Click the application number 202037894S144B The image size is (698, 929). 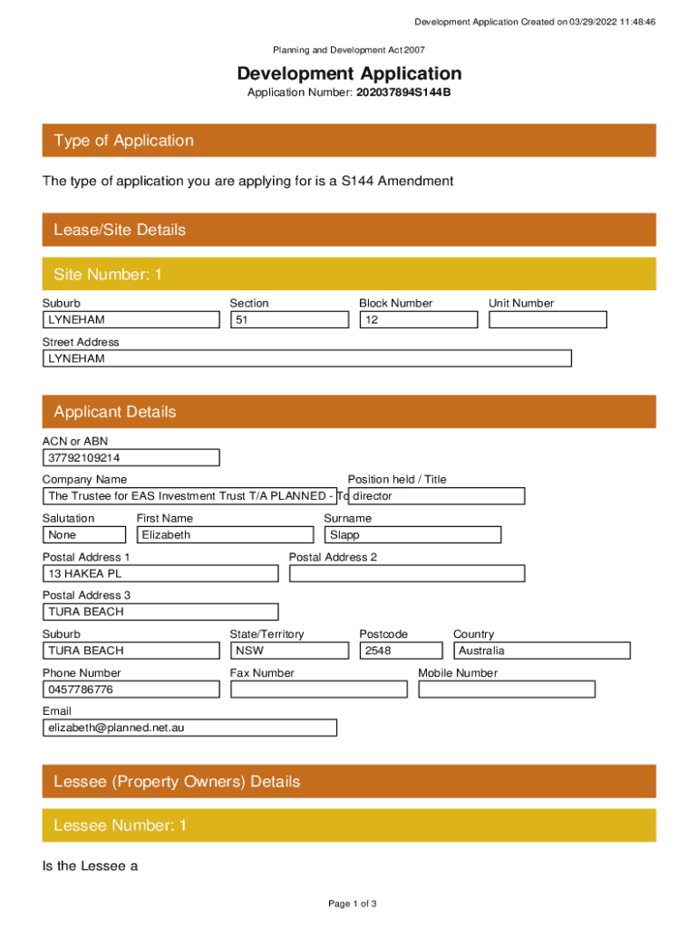point(402,93)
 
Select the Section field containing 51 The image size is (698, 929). point(289,320)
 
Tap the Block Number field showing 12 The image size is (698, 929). point(418,320)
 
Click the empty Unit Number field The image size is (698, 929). point(548,320)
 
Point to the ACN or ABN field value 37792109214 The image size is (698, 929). point(131,458)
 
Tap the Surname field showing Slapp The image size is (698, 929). point(412,535)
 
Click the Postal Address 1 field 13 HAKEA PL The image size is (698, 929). point(160,573)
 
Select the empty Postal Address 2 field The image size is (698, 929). point(406,573)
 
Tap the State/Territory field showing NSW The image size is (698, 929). point(289,650)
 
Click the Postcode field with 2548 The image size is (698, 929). point(401,650)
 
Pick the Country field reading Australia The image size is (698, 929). point(541,650)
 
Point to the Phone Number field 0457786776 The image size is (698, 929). point(131,689)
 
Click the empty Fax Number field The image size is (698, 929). point(318,689)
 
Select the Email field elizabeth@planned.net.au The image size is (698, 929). point(189,728)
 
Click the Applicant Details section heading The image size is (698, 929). point(115,412)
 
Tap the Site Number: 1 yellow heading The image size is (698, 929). point(108,274)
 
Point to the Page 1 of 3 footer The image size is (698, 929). point(353,904)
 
